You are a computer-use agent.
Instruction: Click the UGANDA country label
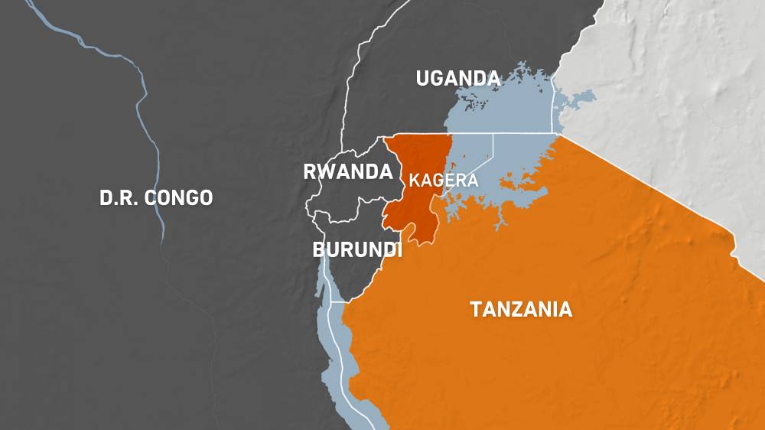point(457,78)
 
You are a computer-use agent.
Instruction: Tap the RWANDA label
point(347,172)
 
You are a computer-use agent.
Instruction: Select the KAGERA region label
point(444,181)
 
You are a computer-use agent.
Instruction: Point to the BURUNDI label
point(356,250)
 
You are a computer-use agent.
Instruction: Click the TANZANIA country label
point(521,309)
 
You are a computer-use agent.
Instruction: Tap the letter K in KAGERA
point(414,181)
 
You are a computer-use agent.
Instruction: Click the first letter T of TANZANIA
point(475,309)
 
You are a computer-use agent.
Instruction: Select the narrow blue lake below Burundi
point(337,344)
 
